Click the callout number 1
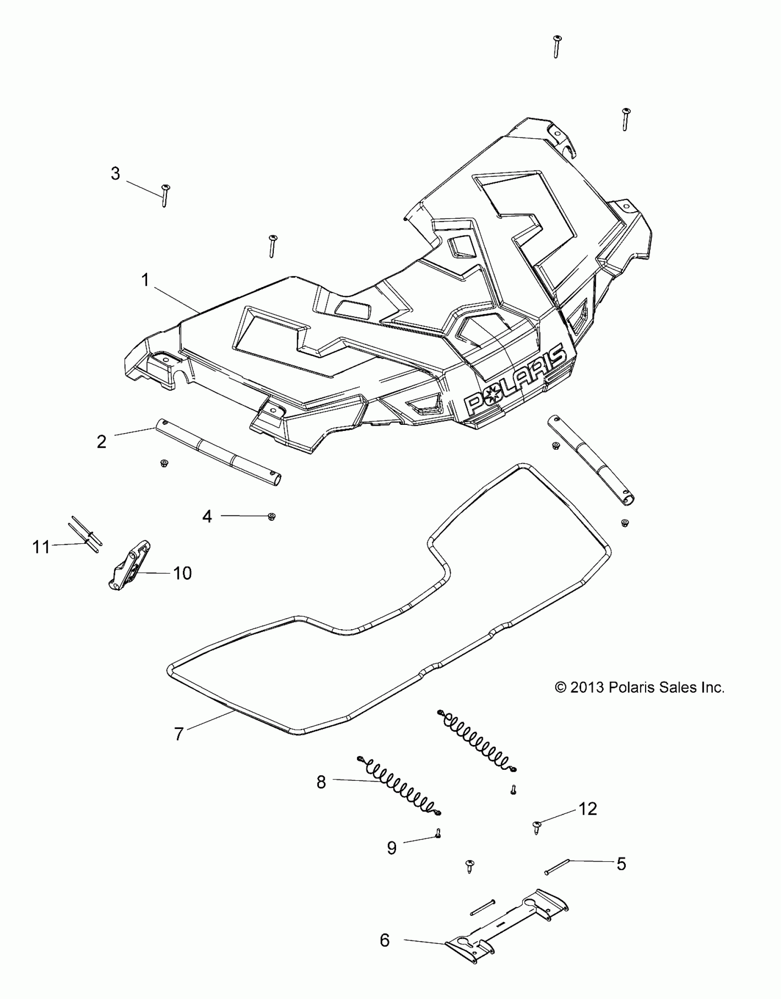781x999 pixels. (145, 280)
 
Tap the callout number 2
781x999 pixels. (102, 442)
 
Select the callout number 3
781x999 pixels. (115, 174)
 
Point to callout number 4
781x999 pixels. (207, 516)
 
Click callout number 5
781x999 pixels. (621, 864)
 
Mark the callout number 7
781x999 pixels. (179, 734)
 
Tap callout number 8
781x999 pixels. (321, 782)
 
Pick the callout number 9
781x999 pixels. (391, 848)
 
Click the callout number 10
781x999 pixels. (182, 573)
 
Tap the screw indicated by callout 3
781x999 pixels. (165, 195)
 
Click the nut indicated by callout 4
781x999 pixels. (272, 517)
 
